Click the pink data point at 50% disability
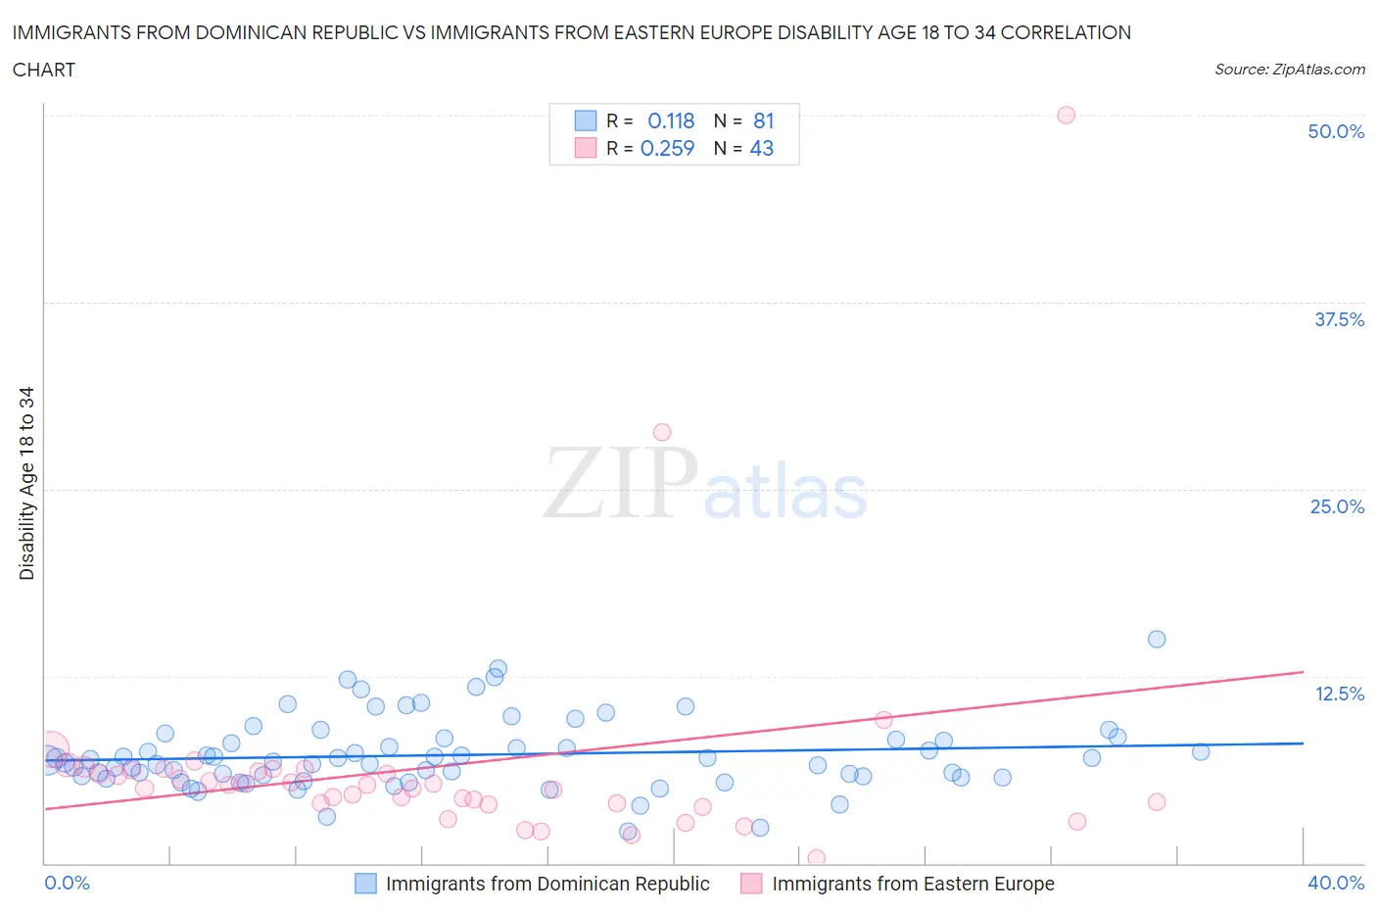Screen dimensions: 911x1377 click(x=1066, y=115)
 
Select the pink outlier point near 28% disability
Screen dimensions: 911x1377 click(x=662, y=432)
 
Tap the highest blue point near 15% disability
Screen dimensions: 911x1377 click(x=1157, y=639)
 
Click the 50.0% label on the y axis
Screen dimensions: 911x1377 click(x=1336, y=131)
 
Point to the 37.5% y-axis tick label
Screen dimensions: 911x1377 click(x=1339, y=319)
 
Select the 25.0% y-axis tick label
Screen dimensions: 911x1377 click(x=1337, y=506)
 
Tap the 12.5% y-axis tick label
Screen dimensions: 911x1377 click(x=1339, y=694)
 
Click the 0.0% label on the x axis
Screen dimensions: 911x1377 click(x=68, y=883)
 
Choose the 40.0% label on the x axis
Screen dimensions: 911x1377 click(x=1336, y=883)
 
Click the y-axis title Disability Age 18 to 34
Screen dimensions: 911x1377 click(x=26, y=483)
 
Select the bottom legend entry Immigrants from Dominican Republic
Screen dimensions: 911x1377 click(x=546, y=884)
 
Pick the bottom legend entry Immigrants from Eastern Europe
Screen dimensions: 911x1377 click(x=913, y=884)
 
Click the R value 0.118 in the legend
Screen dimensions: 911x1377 click(x=671, y=120)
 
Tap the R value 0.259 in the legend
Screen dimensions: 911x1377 click(x=667, y=148)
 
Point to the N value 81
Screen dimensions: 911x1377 click(x=764, y=120)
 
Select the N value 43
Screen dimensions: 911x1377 click(x=762, y=148)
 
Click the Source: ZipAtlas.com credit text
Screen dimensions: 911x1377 click(x=1289, y=69)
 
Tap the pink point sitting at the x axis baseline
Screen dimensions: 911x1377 click(x=816, y=858)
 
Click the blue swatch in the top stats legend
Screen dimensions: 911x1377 click(x=585, y=120)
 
